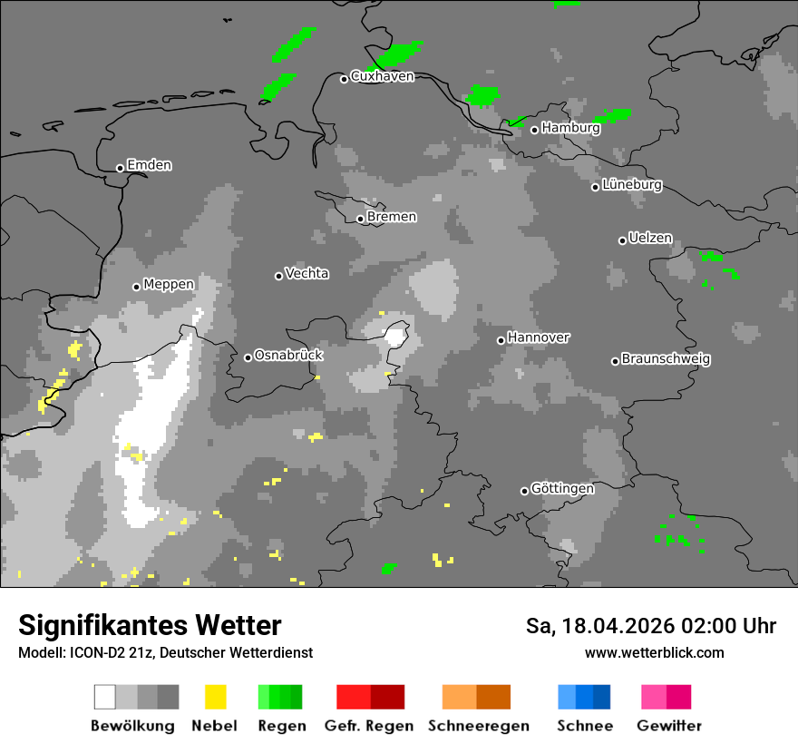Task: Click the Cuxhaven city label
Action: [x=382, y=76]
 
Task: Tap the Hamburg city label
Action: [x=570, y=128]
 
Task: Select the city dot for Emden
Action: [x=120, y=168]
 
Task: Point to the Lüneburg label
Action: [x=631, y=184]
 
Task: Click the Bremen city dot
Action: [x=360, y=219]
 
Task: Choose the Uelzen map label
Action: [x=650, y=238]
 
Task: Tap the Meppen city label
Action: [x=168, y=284]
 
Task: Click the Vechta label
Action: [x=307, y=273]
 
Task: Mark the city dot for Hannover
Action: [x=501, y=340]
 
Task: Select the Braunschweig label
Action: [x=666, y=358]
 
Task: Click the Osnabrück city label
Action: [x=288, y=355]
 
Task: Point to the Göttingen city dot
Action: [x=524, y=491]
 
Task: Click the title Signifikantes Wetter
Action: [x=150, y=625]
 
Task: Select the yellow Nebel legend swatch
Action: [x=215, y=697]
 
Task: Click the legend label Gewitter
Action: [x=668, y=726]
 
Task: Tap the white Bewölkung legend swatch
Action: [x=105, y=697]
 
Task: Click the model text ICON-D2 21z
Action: [x=110, y=652]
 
